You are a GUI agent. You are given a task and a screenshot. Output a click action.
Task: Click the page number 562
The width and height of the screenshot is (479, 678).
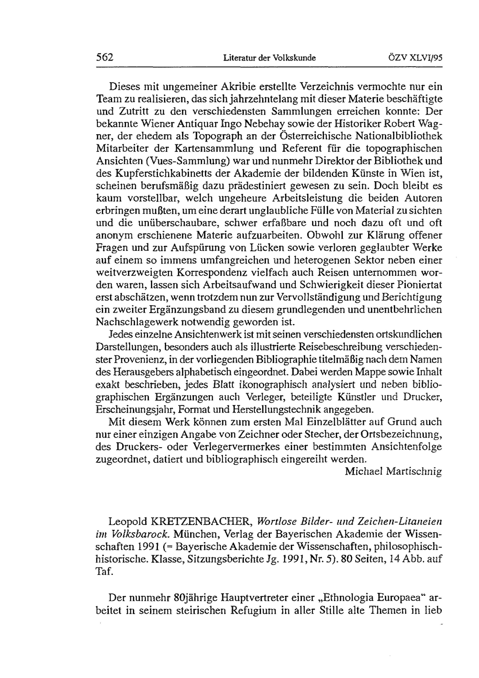pyautogui.click(x=105, y=57)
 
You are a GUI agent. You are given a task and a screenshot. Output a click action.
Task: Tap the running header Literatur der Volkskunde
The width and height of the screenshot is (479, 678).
pyautogui.click(x=269, y=58)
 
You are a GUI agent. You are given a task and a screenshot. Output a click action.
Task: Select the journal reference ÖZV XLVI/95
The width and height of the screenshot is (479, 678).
pyautogui.click(x=415, y=58)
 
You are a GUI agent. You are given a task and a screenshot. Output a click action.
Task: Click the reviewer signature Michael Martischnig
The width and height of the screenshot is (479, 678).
pyautogui.click(x=393, y=471)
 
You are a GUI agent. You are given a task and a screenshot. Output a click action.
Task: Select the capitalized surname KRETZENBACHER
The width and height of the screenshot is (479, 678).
pyautogui.click(x=201, y=522)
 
